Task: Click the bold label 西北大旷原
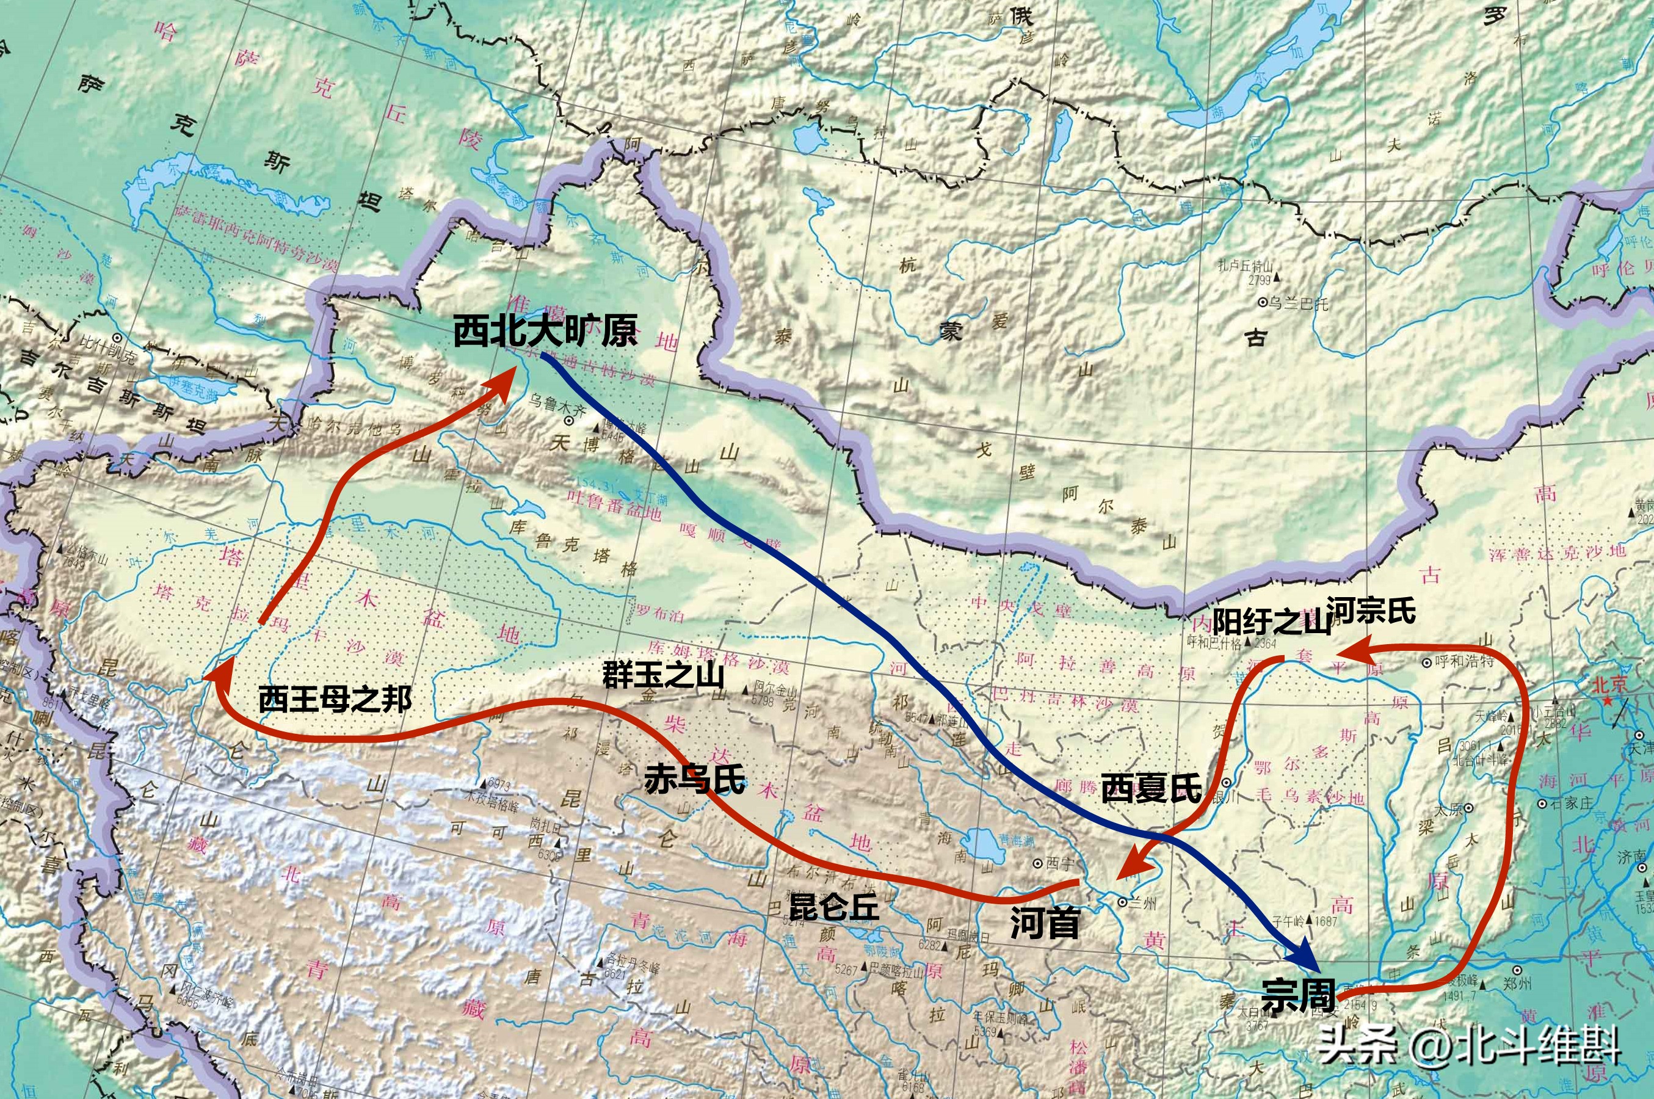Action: click(x=545, y=330)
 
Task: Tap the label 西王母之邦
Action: click(x=335, y=699)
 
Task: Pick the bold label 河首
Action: click(x=1044, y=923)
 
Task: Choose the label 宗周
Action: click(x=1297, y=995)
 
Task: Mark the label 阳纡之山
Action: click(x=1271, y=621)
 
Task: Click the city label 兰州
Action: click(x=1142, y=903)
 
